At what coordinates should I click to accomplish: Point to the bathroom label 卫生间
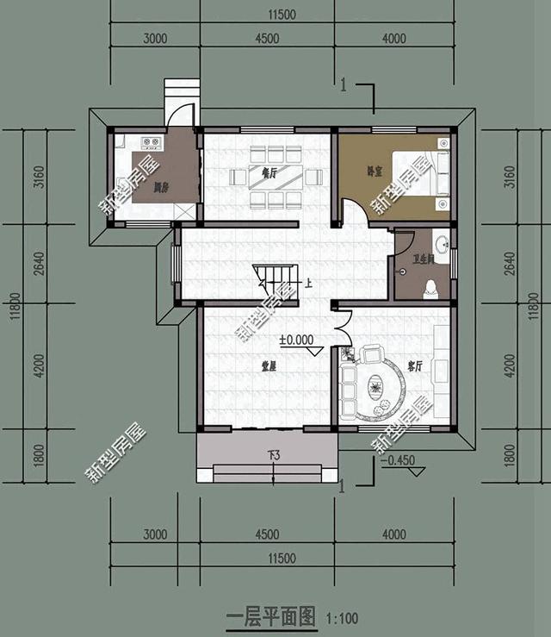pyautogui.click(x=422, y=258)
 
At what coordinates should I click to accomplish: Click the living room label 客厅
pyautogui.click(x=414, y=366)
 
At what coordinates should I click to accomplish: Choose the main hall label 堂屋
pyautogui.click(x=269, y=366)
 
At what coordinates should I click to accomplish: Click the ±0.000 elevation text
pyautogui.click(x=295, y=340)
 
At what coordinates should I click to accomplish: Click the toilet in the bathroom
pyautogui.click(x=430, y=290)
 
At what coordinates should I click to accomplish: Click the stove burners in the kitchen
pyautogui.click(x=152, y=143)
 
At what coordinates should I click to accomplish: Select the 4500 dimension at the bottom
pyautogui.click(x=268, y=534)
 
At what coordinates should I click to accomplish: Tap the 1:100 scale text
pyautogui.click(x=342, y=618)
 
